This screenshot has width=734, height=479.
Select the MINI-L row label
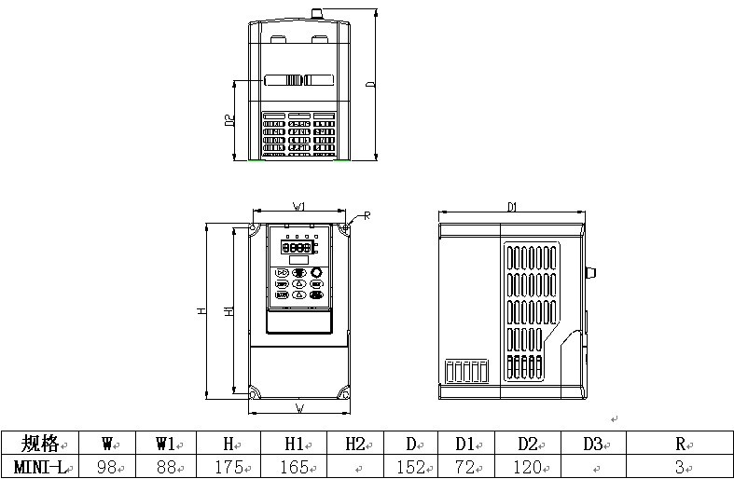point(38,466)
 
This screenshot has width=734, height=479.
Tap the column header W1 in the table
point(166,442)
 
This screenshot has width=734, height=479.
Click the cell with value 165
point(295,466)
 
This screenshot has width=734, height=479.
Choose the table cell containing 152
point(417,466)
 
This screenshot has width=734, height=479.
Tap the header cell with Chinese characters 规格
point(38,442)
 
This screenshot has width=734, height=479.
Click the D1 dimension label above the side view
point(512,207)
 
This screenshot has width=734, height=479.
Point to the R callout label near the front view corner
point(367,215)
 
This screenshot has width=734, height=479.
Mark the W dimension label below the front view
point(299,408)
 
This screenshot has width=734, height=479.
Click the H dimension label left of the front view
point(201,311)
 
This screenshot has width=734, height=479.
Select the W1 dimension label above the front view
point(299,207)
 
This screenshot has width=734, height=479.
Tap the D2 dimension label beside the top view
point(229,120)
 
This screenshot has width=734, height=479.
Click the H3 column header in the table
point(354,442)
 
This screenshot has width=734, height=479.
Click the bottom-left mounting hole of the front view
point(253,391)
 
